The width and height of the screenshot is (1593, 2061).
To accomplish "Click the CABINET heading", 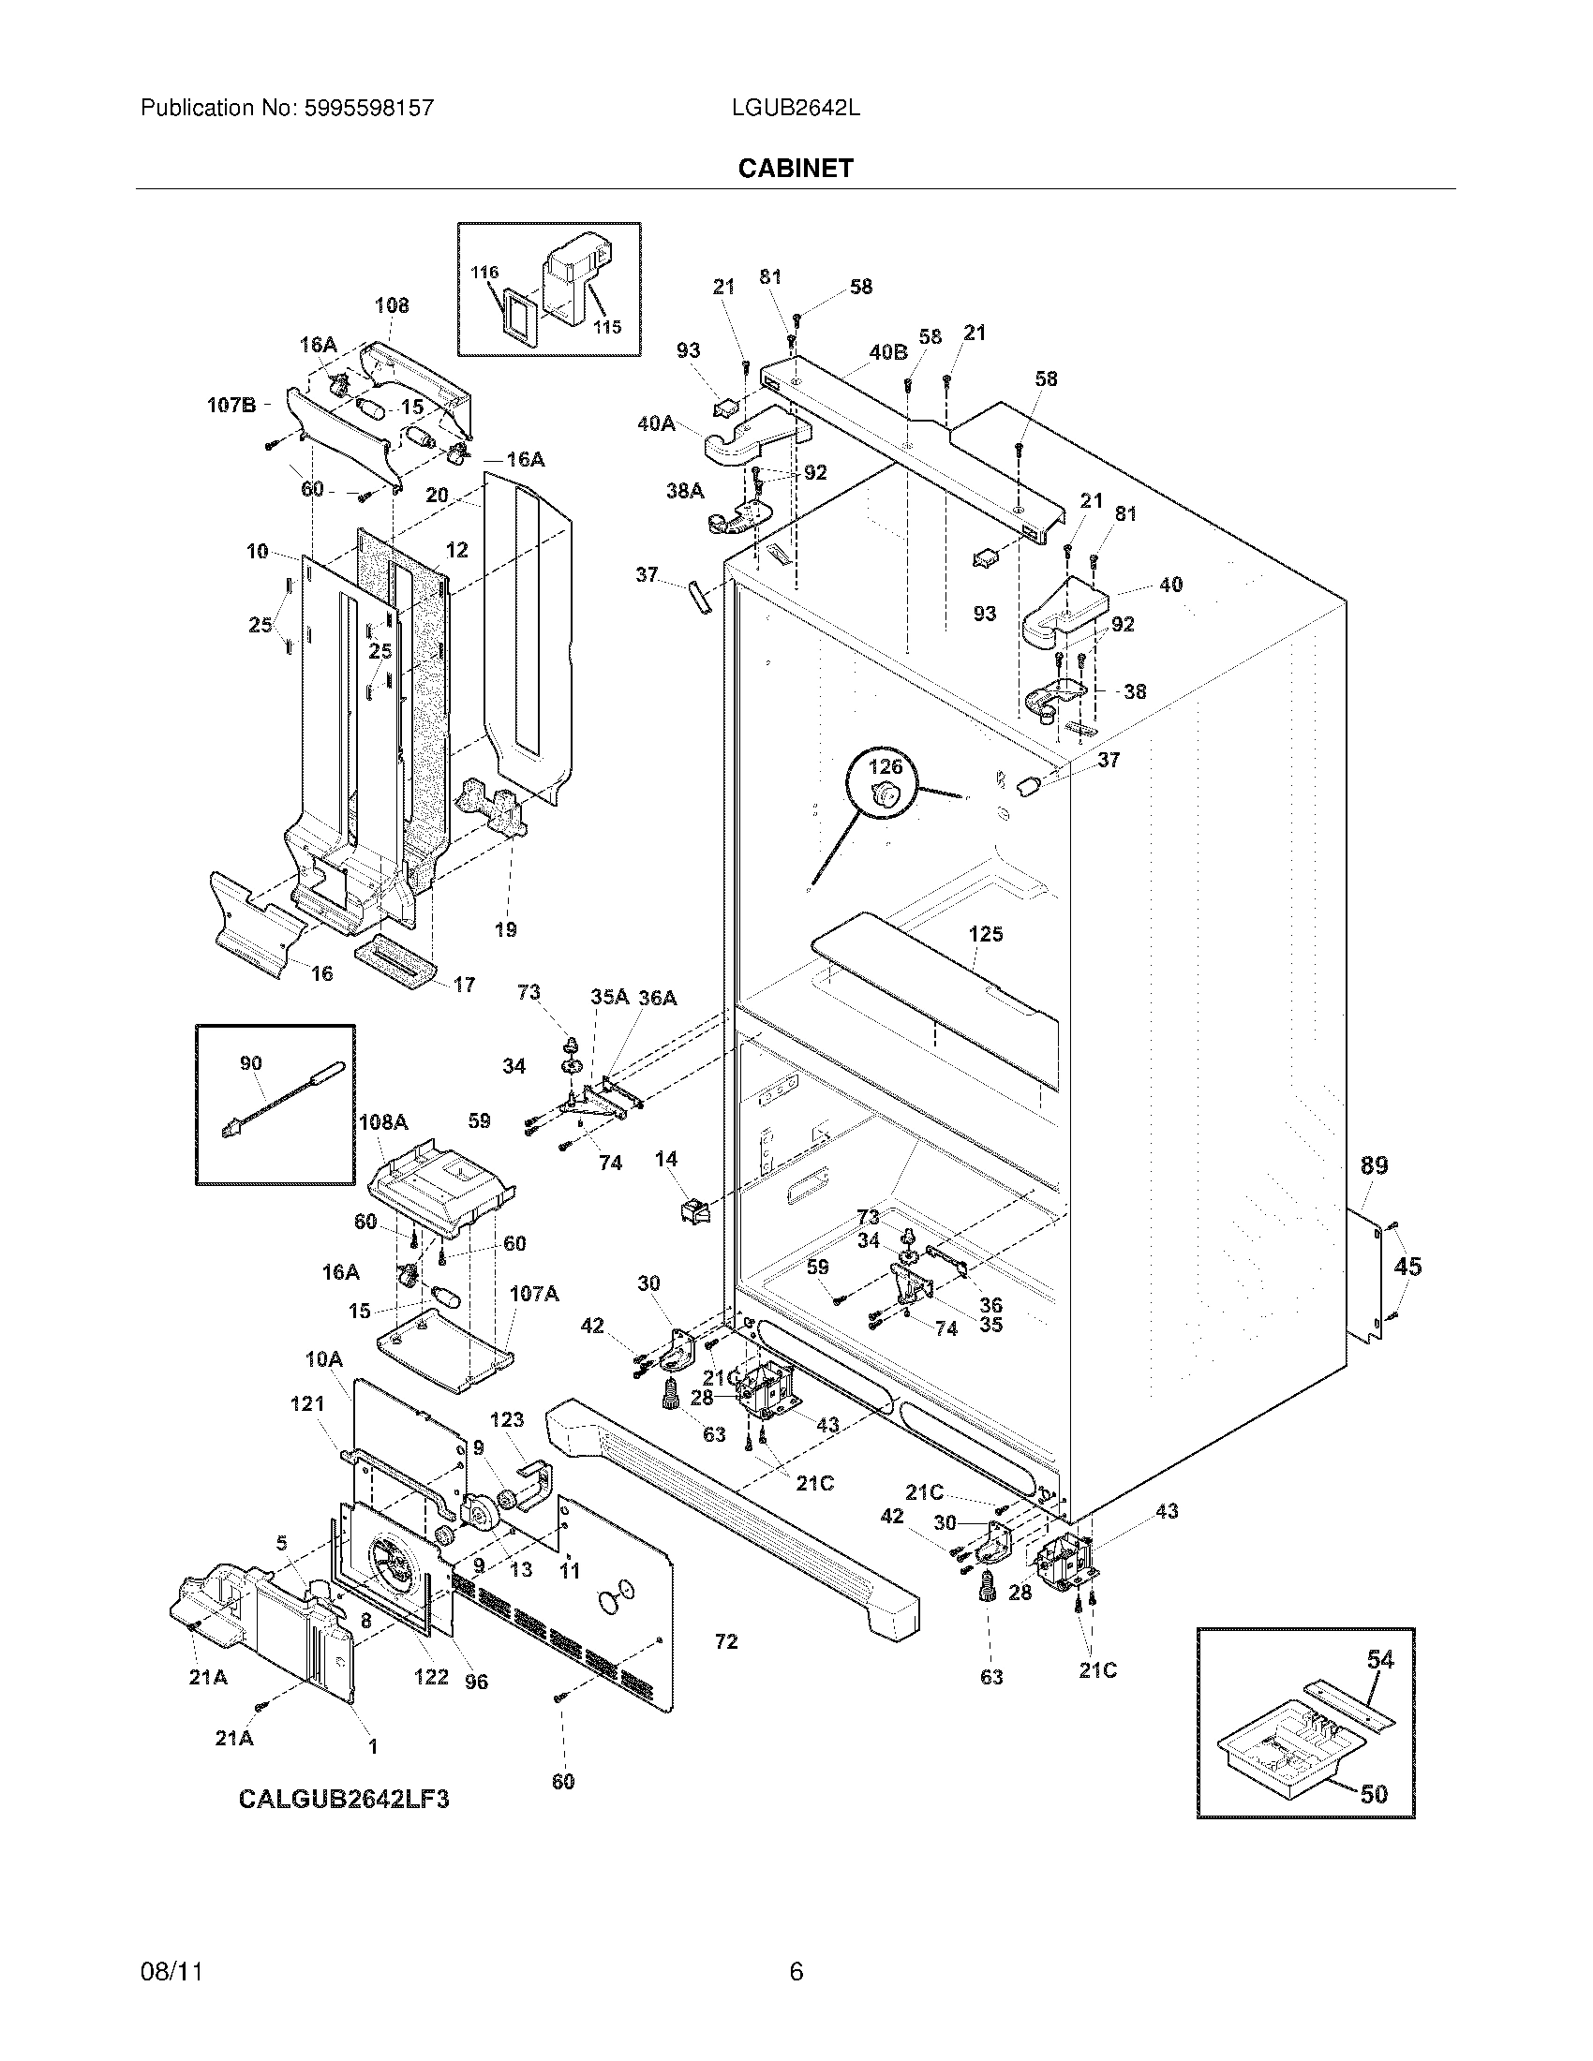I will [796, 168].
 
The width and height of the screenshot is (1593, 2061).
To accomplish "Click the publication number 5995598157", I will [368, 108].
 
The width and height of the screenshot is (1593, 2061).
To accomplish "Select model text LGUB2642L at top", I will [796, 108].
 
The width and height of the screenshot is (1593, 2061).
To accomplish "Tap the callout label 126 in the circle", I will [886, 766].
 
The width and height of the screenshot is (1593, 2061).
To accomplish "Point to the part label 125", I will [985, 934].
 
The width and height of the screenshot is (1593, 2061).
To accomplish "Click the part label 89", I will [1374, 1165].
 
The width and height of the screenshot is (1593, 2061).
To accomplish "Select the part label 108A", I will [383, 1122].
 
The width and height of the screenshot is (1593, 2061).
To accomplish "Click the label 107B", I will [231, 406].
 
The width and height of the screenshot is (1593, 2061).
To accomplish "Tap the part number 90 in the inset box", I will [250, 1063].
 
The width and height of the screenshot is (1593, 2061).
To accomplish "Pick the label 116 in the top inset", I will [484, 273].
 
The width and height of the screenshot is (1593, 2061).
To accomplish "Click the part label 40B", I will [887, 352].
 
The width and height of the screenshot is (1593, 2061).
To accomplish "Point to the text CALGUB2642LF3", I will [344, 1800].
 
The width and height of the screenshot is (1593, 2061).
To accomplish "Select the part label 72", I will [725, 1642].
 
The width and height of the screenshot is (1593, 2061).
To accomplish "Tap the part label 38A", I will [685, 491].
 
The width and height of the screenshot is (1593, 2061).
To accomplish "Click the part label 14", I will [666, 1159].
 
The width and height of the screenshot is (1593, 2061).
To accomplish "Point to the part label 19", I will [505, 929].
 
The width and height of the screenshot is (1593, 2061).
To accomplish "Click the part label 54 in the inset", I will [1379, 1659].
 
